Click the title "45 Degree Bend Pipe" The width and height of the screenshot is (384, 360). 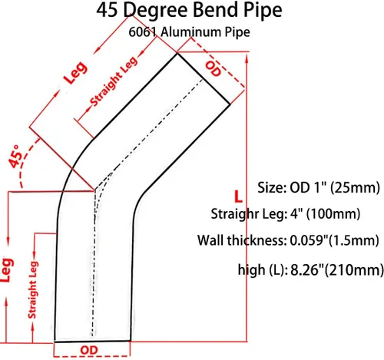click(x=189, y=10)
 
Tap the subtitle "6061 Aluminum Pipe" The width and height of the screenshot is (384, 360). click(x=189, y=32)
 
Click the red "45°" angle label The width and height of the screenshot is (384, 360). click(x=14, y=157)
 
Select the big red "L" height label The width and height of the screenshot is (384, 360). click(x=238, y=197)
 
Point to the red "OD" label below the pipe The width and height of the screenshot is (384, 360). click(x=89, y=350)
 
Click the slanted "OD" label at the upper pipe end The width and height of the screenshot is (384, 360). click(x=213, y=68)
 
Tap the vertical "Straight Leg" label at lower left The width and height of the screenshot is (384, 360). click(x=32, y=289)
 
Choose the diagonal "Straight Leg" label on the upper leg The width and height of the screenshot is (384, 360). click(x=114, y=81)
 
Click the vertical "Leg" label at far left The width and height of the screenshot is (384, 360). click(x=7, y=270)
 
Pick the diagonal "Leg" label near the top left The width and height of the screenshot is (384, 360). click(x=76, y=73)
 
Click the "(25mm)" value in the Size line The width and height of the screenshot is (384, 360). click(x=355, y=188)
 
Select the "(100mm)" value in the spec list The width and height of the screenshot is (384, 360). click(x=333, y=214)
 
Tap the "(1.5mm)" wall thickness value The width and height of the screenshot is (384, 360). click(x=353, y=240)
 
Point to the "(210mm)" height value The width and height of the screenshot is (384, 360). click(x=354, y=270)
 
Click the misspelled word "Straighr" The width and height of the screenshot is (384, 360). click(x=234, y=214)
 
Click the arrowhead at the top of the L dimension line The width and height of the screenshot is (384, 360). click(x=247, y=59)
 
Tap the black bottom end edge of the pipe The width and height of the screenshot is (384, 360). click(x=92, y=341)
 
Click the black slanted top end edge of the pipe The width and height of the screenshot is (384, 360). click(x=204, y=78)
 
